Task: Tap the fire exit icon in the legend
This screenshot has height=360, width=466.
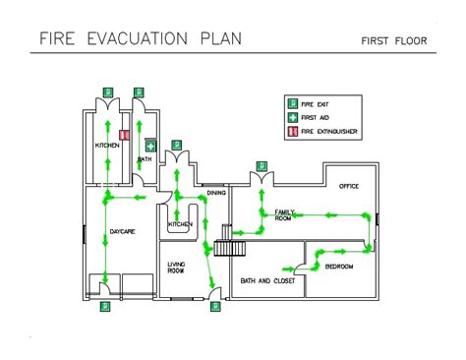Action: click(x=292, y=103)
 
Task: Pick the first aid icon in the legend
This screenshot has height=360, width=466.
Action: click(x=292, y=117)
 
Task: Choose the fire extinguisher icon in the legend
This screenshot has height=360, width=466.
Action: click(x=292, y=131)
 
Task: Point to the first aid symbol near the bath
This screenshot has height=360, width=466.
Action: click(x=151, y=147)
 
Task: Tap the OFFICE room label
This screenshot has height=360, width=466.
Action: click(x=349, y=186)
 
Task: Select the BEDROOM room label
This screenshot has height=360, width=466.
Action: click(x=339, y=267)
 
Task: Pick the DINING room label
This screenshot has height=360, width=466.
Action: click(x=216, y=193)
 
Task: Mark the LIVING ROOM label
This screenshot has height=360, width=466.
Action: click(x=176, y=267)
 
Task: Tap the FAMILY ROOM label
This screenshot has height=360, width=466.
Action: click(x=284, y=214)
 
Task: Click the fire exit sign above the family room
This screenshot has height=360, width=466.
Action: click(x=261, y=165)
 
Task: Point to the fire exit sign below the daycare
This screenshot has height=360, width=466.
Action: click(x=105, y=306)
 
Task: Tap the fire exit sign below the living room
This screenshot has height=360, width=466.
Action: click(x=214, y=306)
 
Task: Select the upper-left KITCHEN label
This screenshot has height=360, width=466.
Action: click(x=107, y=146)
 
